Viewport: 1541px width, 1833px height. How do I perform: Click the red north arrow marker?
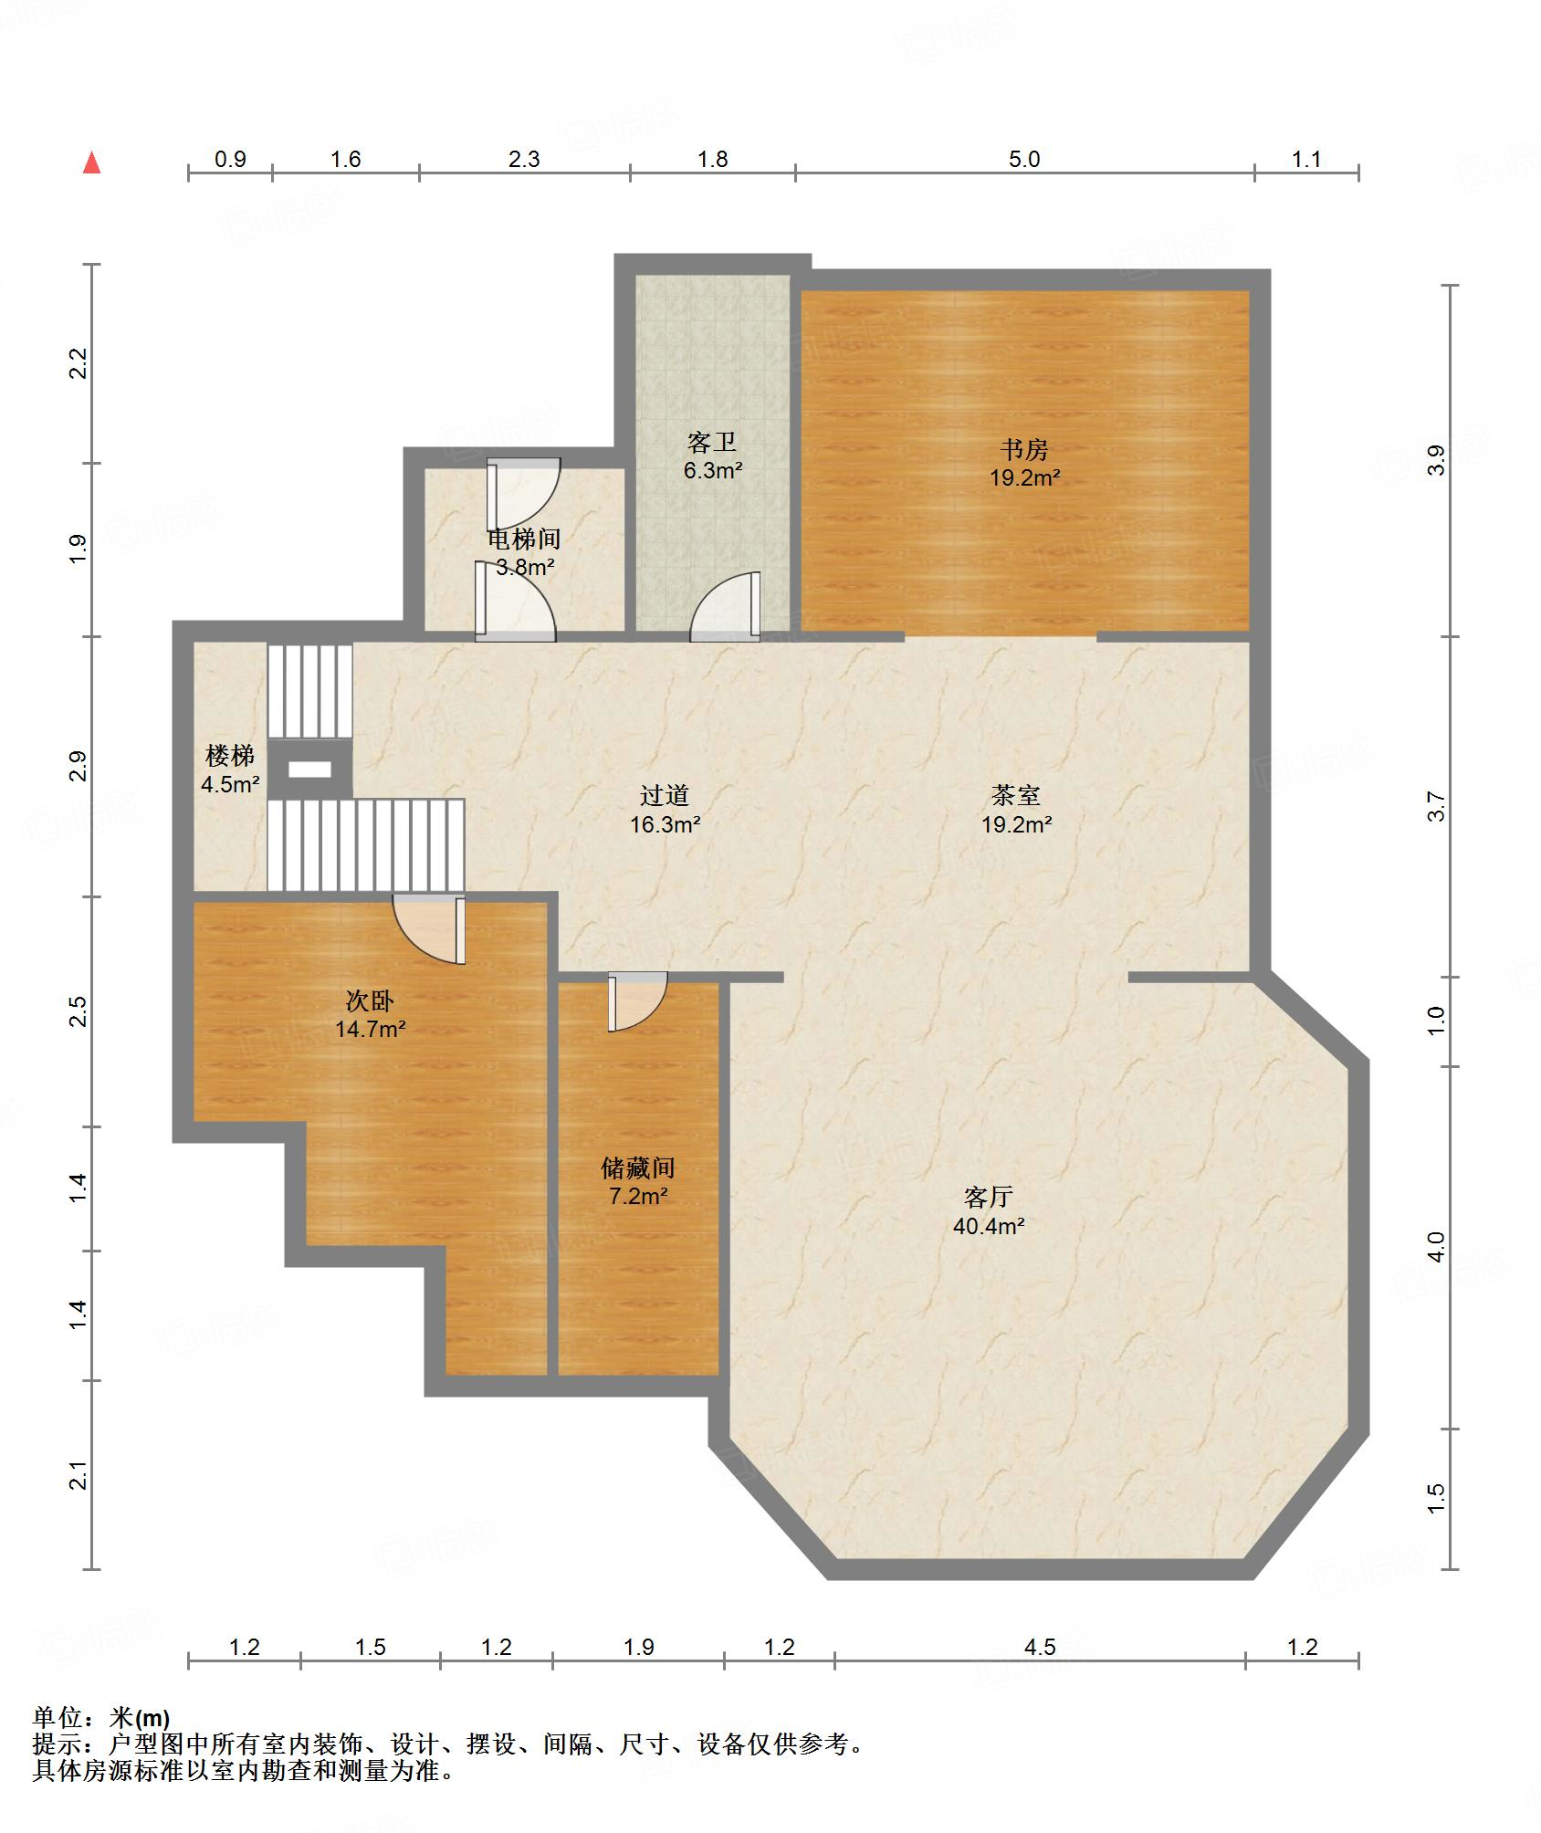tap(91, 162)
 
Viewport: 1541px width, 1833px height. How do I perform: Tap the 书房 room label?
tap(1023, 450)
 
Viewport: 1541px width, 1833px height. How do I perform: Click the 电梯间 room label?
tap(524, 539)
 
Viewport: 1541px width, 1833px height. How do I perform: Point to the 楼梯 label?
tap(230, 756)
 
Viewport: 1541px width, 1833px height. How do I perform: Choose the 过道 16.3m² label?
tap(665, 810)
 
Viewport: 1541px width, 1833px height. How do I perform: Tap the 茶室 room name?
tap(1016, 795)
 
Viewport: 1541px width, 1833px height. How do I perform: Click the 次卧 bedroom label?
tap(370, 1000)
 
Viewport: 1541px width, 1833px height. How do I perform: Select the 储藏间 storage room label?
tap(638, 1168)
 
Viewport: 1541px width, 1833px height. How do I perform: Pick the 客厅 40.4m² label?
tap(989, 1210)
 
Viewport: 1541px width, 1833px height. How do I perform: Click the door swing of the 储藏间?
tap(638, 1002)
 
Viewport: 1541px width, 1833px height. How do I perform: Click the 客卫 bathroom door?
tap(725, 606)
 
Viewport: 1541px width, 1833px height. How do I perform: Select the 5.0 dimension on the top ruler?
tap(1024, 159)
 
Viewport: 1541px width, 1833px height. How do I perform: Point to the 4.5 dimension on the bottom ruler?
tap(1039, 1647)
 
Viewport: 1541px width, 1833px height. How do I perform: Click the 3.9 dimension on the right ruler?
tap(1436, 460)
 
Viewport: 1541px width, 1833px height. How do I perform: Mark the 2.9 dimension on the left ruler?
tap(78, 766)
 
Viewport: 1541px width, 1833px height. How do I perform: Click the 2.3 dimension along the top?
tap(524, 159)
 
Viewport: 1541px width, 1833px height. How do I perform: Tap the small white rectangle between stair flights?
tap(309, 770)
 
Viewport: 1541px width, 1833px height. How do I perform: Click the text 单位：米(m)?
tap(101, 1719)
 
